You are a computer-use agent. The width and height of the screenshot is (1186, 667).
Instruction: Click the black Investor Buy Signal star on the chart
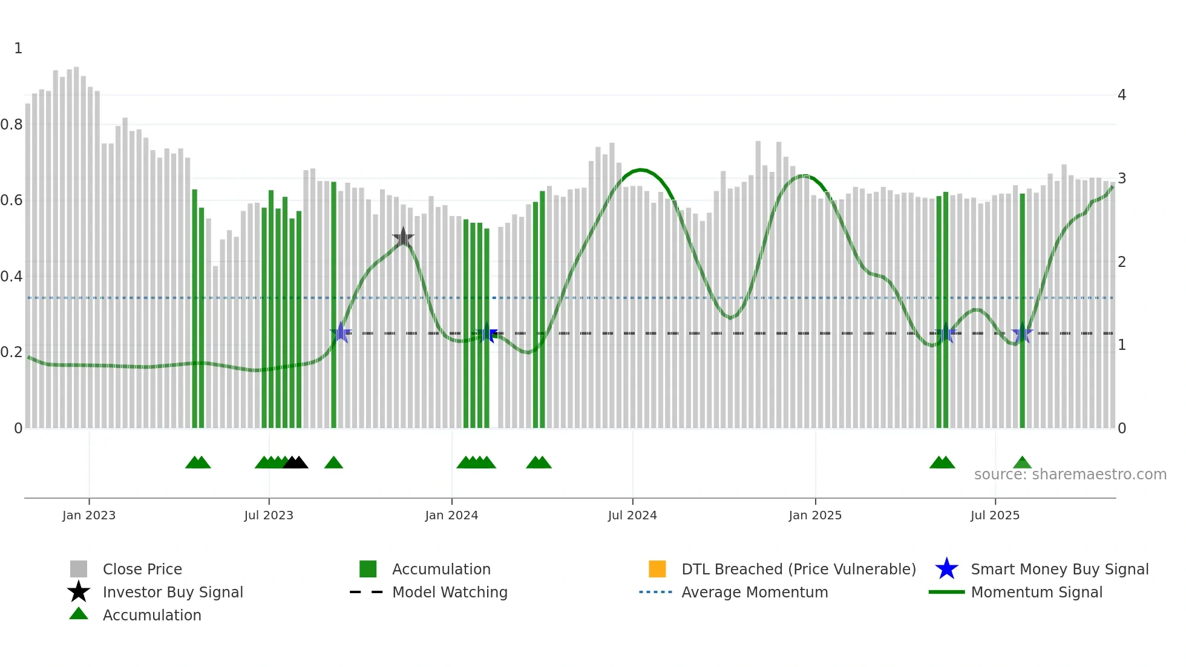pyautogui.click(x=403, y=238)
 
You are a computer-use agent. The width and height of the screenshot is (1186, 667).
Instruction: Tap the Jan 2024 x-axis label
pyautogui.click(x=451, y=515)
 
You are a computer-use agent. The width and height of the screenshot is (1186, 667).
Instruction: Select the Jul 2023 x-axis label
pyautogui.click(x=269, y=515)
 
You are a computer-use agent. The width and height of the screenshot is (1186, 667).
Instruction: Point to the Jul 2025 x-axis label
pyautogui.click(x=995, y=515)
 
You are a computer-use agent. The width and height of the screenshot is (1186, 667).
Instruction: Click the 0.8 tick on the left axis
pyautogui.click(x=11, y=125)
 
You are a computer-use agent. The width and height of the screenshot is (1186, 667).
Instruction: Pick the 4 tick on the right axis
pyautogui.click(x=1121, y=95)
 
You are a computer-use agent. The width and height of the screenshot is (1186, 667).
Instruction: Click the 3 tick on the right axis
pyautogui.click(x=1121, y=179)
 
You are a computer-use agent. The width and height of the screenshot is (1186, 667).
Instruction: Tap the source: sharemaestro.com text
pyautogui.click(x=1070, y=474)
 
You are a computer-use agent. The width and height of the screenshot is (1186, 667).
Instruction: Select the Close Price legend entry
pyautogui.click(x=142, y=569)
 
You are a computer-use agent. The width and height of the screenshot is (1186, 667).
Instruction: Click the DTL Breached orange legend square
pyautogui.click(x=657, y=569)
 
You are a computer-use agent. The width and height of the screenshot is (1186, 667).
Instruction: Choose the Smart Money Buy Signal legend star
pyautogui.click(x=946, y=569)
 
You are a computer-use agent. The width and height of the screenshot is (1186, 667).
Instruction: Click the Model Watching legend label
pyautogui.click(x=450, y=592)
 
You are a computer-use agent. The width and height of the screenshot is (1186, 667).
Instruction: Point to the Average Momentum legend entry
pyautogui.click(x=755, y=592)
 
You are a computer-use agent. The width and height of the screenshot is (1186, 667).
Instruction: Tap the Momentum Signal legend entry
pyautogui.click(x=1037, y=592)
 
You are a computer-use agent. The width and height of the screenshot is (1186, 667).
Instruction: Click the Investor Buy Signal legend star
pyautogui.click(x=79, y=592)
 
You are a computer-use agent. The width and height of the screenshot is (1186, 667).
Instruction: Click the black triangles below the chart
pyautogui.click(x=295, y=463)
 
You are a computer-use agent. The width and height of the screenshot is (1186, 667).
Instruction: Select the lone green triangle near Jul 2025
pyautogui.click(x=1022, y=463)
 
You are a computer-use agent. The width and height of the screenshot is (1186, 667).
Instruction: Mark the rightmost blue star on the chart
pyautogui.click(x=1022, y=333)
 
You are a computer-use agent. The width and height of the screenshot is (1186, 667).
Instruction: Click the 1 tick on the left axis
pyautogui.click(x=18, y=48)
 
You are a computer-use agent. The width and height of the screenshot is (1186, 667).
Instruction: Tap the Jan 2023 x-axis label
pyautogui.click(x=89, y=515)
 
